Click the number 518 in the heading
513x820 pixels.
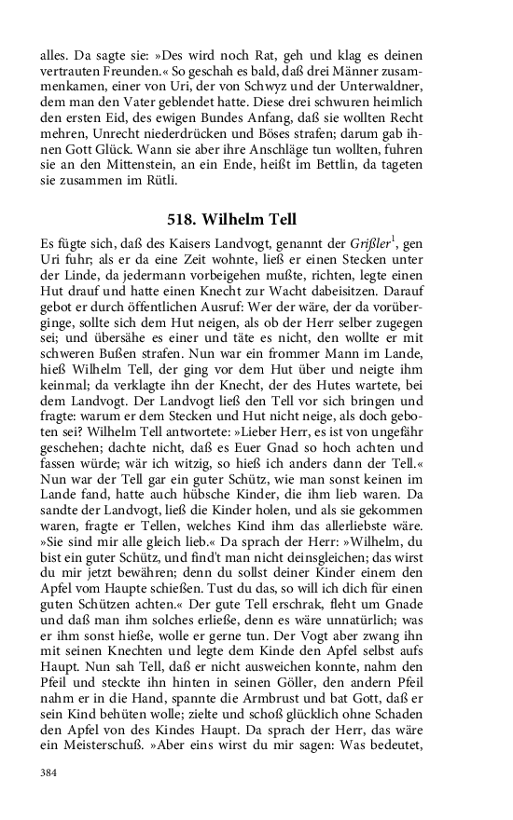[x=197, y=219]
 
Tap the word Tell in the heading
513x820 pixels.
[x=279, y=219]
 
